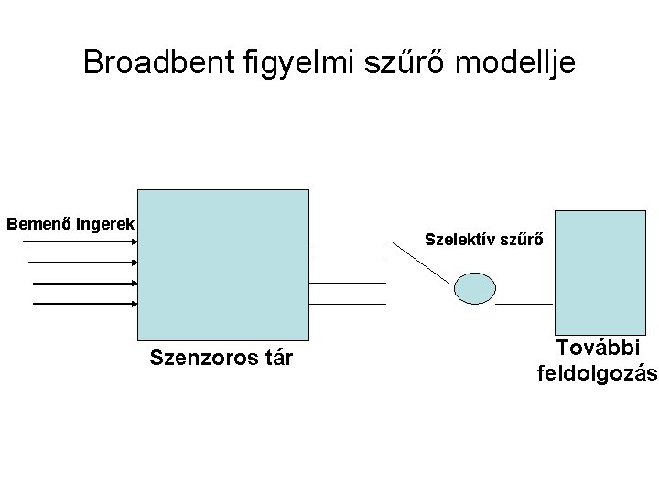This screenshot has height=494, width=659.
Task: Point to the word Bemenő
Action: [38, 222]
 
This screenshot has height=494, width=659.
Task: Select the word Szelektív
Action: [461, 241]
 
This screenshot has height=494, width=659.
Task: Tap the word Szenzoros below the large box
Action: [199, 357]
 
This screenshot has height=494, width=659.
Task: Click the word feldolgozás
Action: [597, 372]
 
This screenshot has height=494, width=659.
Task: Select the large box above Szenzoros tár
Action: [222, 265]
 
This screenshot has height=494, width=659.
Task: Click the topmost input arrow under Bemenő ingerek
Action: [79, 242]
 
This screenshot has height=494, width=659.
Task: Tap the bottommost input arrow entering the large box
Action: [84, 303]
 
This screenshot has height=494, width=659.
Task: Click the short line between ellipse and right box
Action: [524, 302]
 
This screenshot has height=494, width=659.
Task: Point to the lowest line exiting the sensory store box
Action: [348, 303]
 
